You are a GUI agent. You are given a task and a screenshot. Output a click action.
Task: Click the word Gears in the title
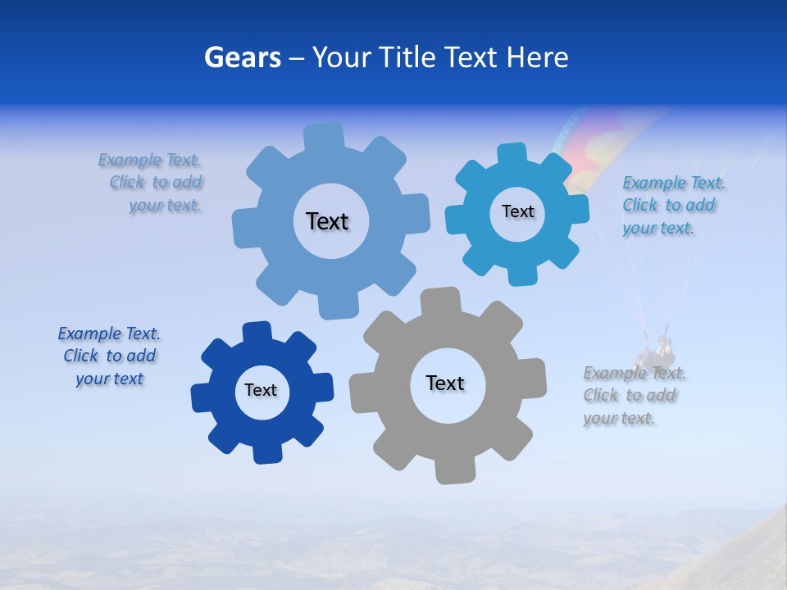pos(242,57)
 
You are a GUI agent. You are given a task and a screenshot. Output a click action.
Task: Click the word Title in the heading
pos(407,57)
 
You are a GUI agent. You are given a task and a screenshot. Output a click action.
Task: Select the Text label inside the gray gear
pos(445,383)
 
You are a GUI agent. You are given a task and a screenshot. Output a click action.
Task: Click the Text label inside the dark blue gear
pos(261,390)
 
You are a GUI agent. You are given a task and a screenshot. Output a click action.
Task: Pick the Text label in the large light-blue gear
pos(327,221)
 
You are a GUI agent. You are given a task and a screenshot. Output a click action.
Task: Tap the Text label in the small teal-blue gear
pos(517,211)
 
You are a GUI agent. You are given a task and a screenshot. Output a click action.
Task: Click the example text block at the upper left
pos(152,183)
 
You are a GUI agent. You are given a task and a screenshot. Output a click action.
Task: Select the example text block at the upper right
pos(672,205)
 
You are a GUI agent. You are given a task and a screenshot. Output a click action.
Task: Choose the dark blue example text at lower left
pos(109,356)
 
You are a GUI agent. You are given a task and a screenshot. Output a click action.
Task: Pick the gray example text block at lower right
pos(633,396)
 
